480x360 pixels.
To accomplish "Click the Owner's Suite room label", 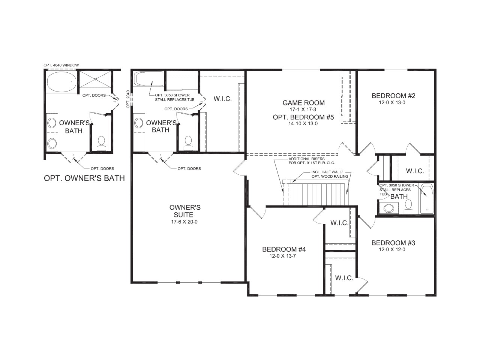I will point(185,211).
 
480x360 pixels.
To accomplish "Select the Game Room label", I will point(303,103).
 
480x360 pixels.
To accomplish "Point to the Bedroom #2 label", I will point(393,96).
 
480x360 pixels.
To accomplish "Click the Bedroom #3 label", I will point(393,243).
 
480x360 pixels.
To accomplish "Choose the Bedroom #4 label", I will point(284,249).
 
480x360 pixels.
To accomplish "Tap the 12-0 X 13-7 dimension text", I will point(284,256).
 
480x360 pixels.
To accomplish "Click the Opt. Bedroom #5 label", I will point(303,117).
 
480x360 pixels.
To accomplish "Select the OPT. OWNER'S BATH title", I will point(84,178).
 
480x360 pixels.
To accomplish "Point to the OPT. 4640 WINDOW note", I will point(61,65).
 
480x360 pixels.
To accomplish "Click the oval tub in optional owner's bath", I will point(61,82).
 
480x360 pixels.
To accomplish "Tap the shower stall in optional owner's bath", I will point(95,79).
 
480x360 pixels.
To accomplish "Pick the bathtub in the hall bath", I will point(426,199).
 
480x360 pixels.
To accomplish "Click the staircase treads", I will point(319,194).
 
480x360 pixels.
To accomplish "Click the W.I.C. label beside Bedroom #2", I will point(415,171).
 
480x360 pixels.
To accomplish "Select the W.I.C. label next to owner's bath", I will point(222,99).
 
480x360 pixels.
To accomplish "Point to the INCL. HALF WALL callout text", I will point(329,174).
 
